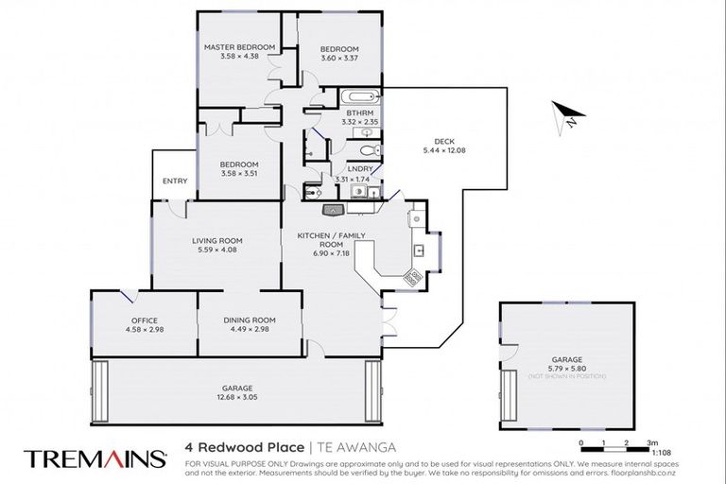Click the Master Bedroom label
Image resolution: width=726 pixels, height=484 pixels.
pyautogui.click(x=240, y=47)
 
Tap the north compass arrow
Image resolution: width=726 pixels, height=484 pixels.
pyautogui.click(x=565, y=115)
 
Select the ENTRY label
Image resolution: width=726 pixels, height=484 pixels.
pyautogui.click(x=175, y=181)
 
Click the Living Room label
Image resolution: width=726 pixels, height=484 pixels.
pyautogui.click(x=212, y=240)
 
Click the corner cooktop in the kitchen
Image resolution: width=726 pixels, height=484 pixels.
pyautogui.click(x=412, y=278)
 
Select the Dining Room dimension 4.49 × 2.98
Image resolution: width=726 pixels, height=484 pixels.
pyautogui.click(x=250, y=330)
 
